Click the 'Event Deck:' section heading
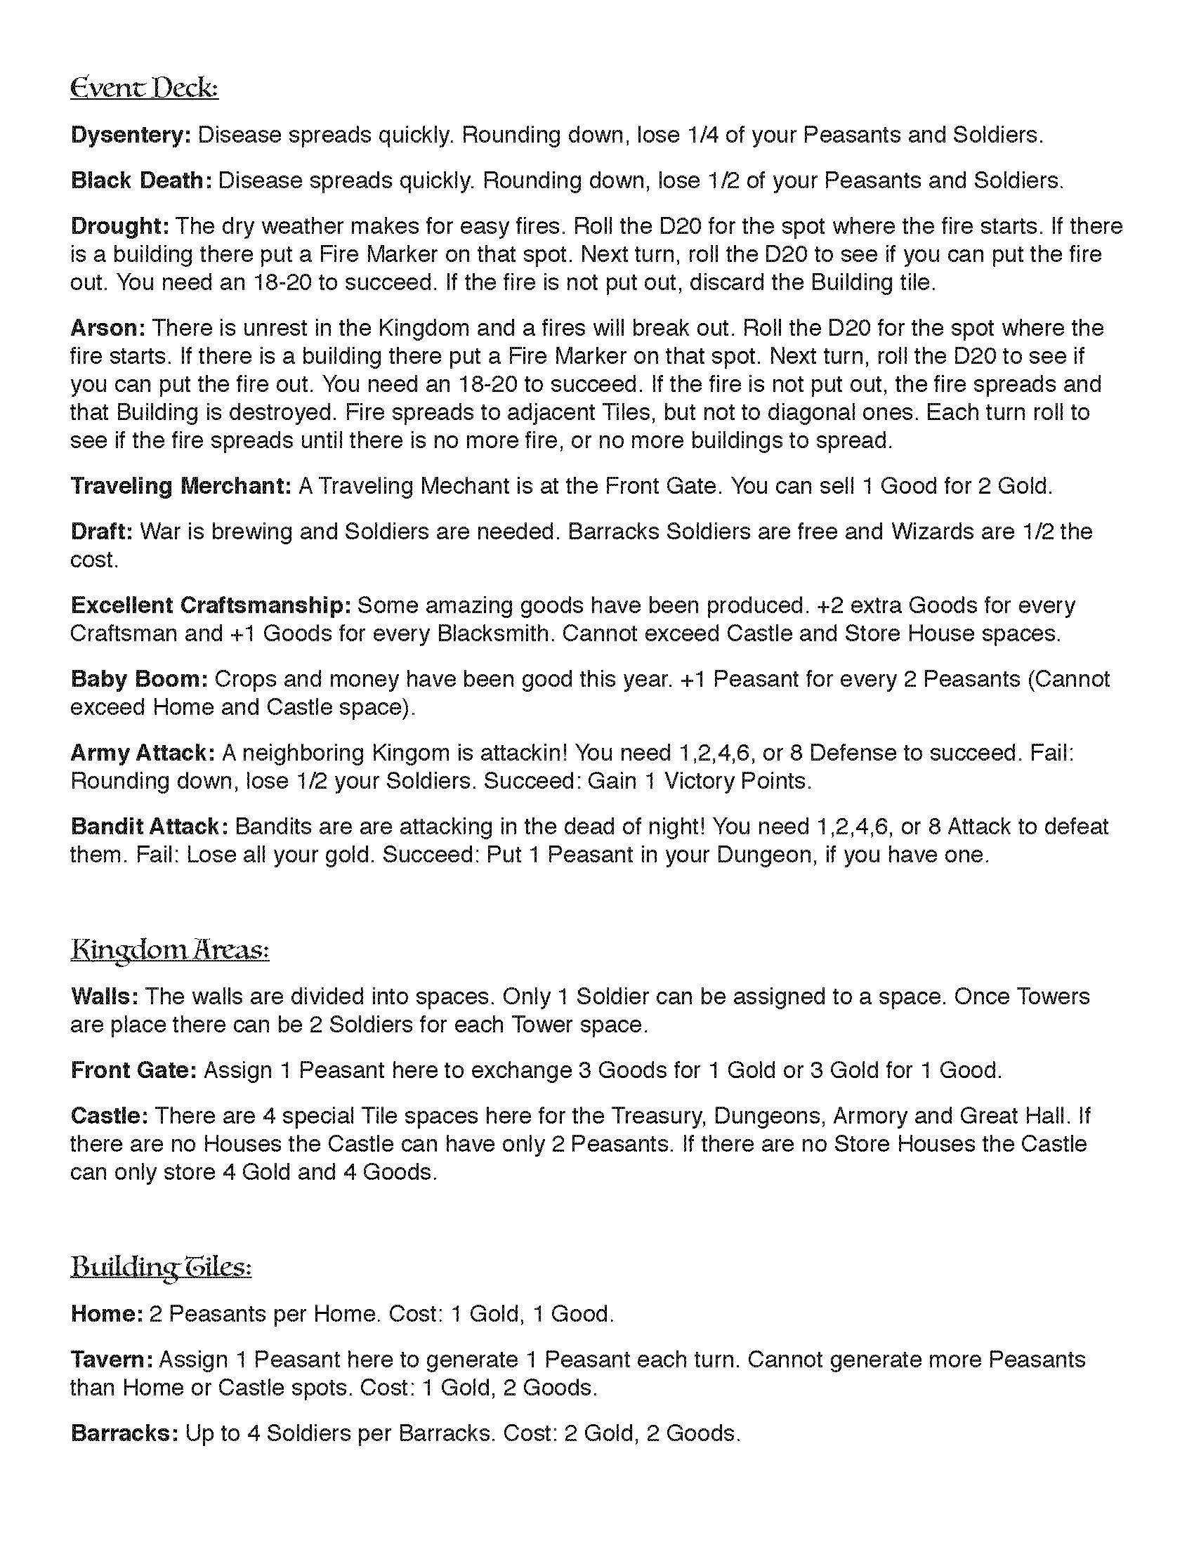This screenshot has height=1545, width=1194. coord(144,88)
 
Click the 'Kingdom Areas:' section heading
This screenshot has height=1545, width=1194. coord(170,949)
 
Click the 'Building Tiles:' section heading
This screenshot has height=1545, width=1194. coord(162,1267)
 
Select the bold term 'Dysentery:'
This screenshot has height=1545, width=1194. coord(131,135)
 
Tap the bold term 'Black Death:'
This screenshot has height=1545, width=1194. coord(141,180)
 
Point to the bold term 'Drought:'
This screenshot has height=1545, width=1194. coord(119,226)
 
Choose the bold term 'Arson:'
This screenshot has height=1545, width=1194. coord(108,328)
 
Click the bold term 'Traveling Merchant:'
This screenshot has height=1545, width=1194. coord(181,486)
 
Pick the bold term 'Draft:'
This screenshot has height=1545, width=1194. coord(102,532)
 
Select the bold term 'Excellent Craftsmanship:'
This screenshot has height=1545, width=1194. coord(211,605)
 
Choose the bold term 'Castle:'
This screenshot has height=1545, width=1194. coord(110,1116)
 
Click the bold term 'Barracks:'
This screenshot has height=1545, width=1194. coord(124,1433)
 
